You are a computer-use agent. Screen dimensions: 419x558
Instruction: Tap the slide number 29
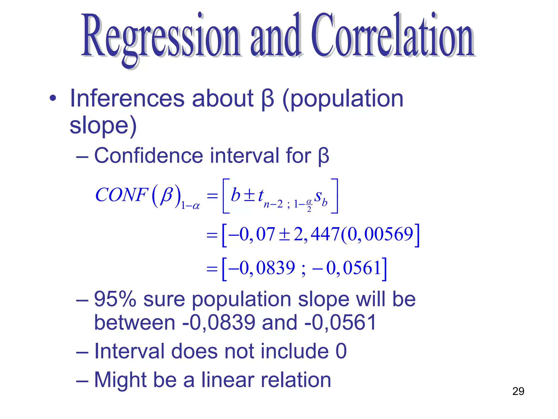[x=518, y=391]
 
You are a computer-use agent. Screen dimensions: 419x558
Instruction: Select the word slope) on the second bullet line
[x=103, y=125]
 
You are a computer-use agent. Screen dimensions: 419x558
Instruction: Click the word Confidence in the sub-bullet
[x=148, y=155]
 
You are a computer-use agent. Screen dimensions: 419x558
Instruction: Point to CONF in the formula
[x=122, y=195]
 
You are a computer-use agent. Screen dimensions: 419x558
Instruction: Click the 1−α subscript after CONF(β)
[x=190, y=205]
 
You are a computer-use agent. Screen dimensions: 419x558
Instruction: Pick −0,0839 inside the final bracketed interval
[x=262, y=268]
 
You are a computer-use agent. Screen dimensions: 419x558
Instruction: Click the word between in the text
[x=135, y=322]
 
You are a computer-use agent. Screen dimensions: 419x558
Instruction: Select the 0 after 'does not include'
[x=341, y=351]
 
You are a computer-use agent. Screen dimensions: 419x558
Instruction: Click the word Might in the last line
[x=120, y=380]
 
